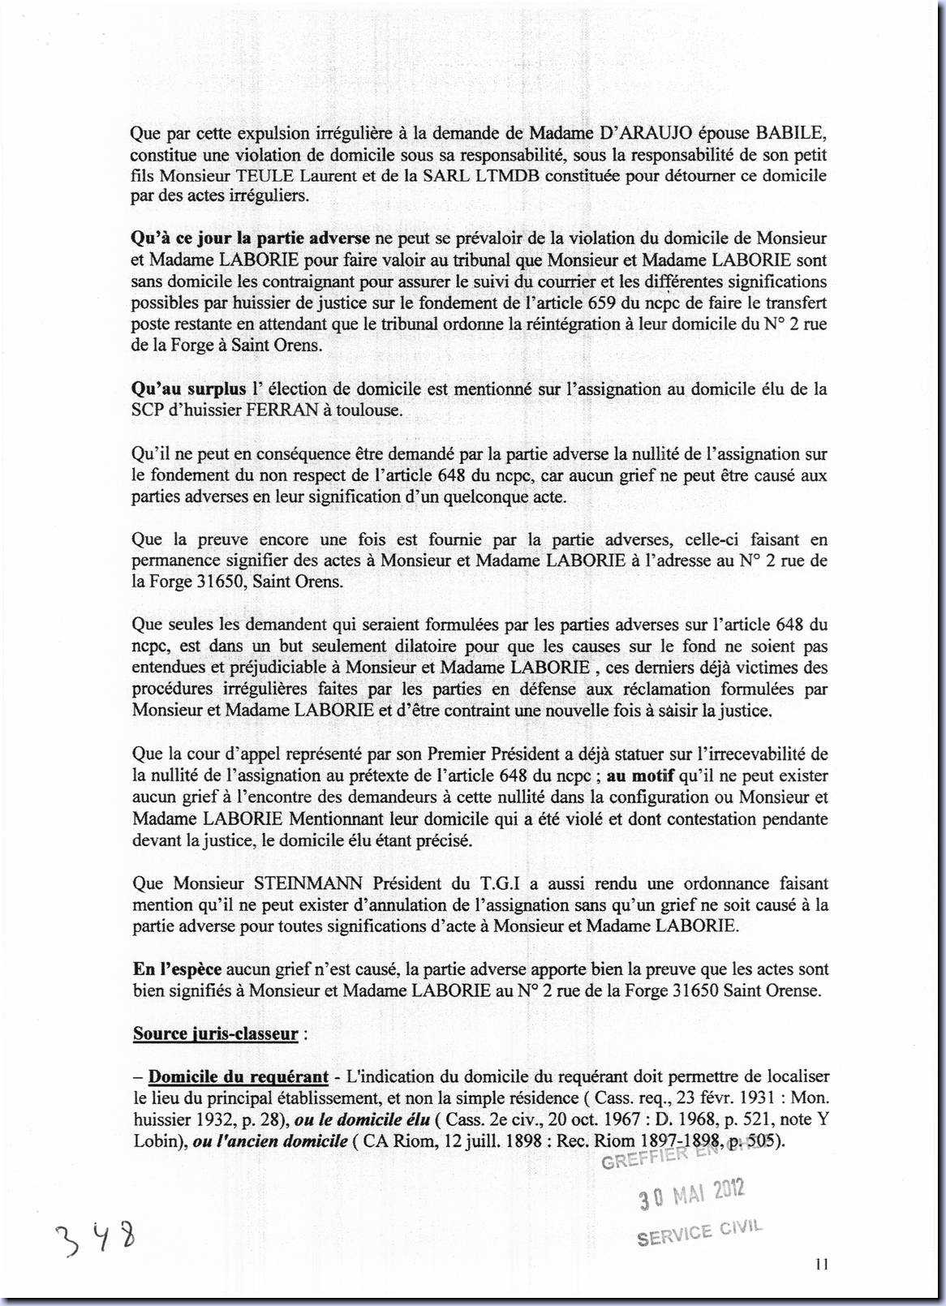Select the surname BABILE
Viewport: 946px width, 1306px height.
pos(791,133)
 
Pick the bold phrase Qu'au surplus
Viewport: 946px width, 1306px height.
pos(188,389)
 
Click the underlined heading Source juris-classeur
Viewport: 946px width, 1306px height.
pos(216,1034)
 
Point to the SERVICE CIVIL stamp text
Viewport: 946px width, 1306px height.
pos(699,1233)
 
